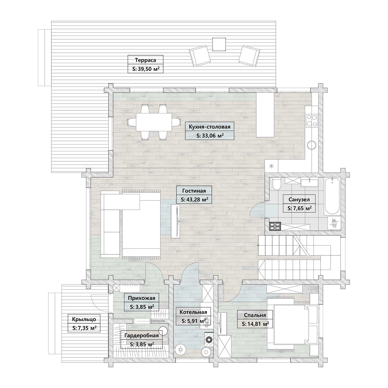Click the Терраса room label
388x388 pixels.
[x=145, y=60]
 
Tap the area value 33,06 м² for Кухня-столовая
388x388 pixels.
[x=210, y=136]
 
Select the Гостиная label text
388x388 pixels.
[x=194, y=190]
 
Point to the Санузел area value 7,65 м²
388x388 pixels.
[x=300, y=208]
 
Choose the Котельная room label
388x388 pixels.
[x=193, y=312]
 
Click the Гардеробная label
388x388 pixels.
[x=142, y=336]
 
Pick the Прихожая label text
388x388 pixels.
[x=142, y=298]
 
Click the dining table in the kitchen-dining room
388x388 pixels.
[x=154, y=122]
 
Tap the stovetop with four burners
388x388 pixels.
[x=312, y=120]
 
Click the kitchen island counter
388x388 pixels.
[x=265, y=115]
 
